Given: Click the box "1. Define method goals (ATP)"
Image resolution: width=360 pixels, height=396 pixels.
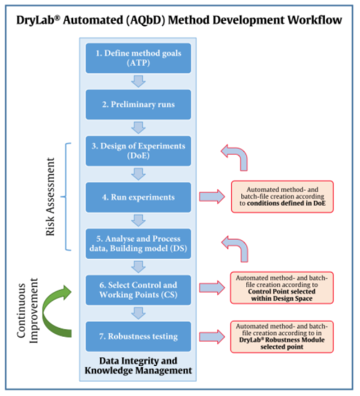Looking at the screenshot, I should click(138, 58).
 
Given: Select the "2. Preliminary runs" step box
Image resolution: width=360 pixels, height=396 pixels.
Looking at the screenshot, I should click(138, 104).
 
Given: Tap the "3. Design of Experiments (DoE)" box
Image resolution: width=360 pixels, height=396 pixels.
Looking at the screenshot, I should click(138, 151).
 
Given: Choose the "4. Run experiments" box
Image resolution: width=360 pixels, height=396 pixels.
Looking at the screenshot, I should click(138, 197).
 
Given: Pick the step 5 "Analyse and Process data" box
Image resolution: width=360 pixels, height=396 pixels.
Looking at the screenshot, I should click(138, 244).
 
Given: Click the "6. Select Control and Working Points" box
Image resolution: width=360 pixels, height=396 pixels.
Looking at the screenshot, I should click(138, 290).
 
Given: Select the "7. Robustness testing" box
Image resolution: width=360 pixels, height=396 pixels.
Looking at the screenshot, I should click(138, 337).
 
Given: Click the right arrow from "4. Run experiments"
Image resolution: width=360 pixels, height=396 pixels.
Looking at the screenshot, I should click(210, 197).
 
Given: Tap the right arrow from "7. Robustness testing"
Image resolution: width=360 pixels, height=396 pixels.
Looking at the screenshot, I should click(210, 337).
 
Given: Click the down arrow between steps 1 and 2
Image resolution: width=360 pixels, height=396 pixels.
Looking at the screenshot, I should click(138, 81).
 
